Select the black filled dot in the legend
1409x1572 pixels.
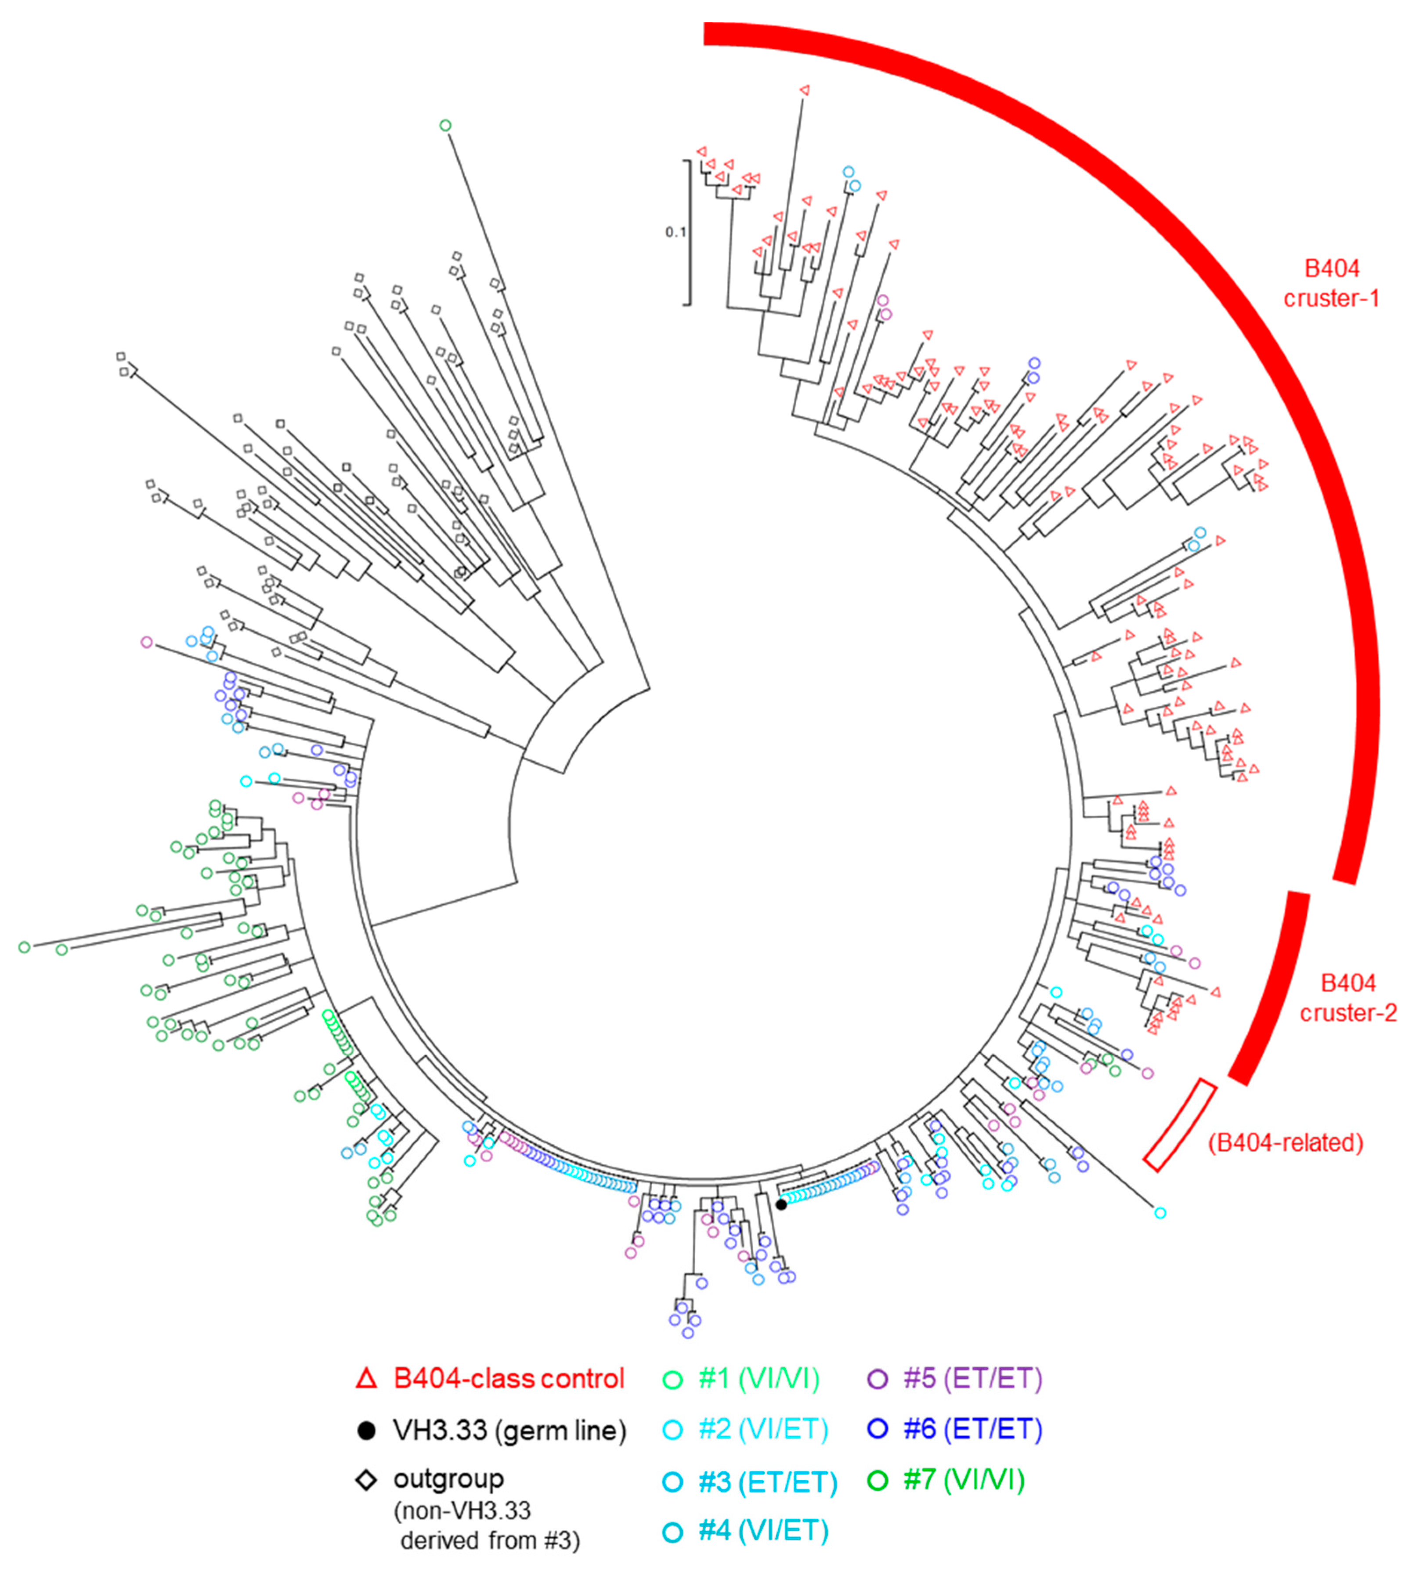click(366, 1431)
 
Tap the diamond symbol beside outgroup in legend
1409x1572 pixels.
click(366, 1479)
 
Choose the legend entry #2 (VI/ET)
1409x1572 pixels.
click(762, 1429)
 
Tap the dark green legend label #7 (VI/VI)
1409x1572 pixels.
click(964, 1479)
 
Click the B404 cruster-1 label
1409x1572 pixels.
click(1332, 283)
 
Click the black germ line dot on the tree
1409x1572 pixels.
click(782, 1204)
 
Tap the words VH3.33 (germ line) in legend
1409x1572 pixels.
click(509, 1431)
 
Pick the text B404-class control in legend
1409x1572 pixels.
click(509, 1378)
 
